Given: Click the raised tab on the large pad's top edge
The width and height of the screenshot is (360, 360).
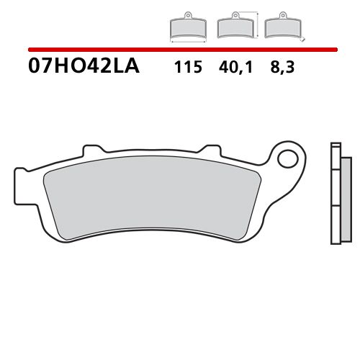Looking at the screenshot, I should point(91,149).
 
